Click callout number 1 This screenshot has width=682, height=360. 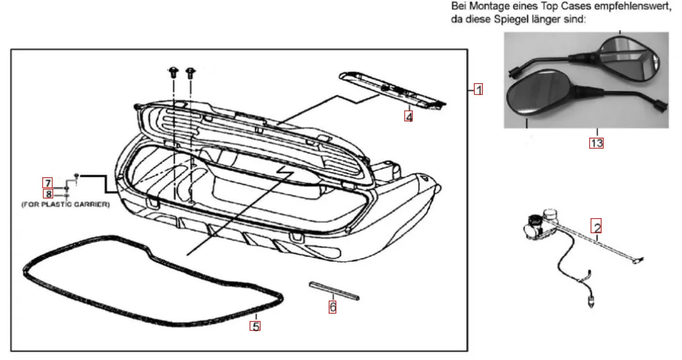point(479,89)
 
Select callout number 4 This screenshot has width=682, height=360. point(409,117)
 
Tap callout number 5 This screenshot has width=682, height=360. point(255,326)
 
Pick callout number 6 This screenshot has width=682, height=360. point(332,307)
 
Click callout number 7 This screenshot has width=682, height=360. point(47,183)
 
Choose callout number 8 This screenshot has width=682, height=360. point(47,194)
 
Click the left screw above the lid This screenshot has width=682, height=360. point(174,71)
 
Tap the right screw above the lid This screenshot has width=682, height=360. point(190,71)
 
